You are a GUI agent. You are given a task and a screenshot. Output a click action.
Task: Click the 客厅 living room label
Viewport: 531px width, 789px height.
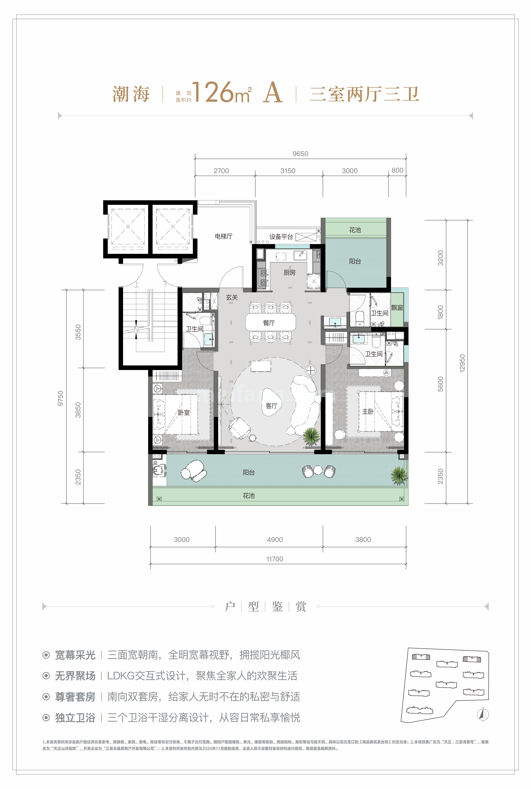click(x=271, y=406)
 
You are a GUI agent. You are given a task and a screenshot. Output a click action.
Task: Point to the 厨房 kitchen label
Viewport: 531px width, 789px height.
click(x=290, y=272)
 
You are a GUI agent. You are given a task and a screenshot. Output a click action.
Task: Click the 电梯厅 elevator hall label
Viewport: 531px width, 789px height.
click(x=224, y=236)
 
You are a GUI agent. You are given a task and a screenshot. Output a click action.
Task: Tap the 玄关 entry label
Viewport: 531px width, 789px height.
click(x=232, y=297)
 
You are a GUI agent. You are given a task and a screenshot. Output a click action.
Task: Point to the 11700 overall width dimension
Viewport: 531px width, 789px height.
click(x=275, y=559)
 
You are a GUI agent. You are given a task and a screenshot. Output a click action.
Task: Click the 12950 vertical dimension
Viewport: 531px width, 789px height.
click(x=462, y=363)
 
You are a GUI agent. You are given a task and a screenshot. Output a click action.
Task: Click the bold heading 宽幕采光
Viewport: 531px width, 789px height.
click(x=75, y=655)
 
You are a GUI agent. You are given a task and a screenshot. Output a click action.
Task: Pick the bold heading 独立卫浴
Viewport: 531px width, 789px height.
click(x=75, y=718)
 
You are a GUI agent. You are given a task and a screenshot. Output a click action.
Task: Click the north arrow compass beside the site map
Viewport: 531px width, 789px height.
click(x=483, y=715)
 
